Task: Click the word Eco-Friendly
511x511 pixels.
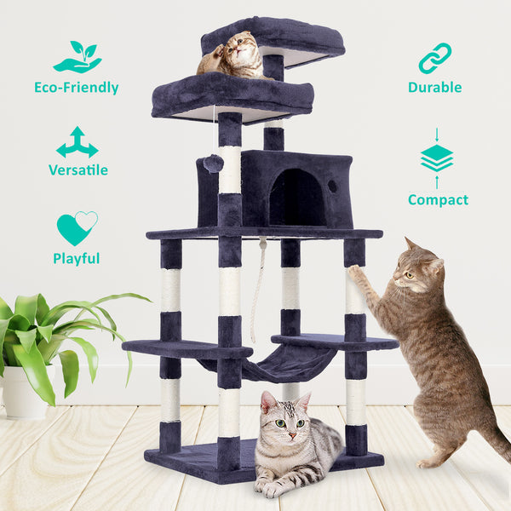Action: pos(77,87)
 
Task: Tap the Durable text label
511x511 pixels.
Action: pos(434,87)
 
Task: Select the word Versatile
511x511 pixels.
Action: pos(78,169)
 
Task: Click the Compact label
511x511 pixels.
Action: pos(438,200)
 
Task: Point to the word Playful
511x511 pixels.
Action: pos(77,258)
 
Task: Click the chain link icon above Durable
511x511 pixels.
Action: pos(434,58)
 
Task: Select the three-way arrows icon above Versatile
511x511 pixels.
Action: pos(78,142)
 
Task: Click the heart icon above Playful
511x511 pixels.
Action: pos(77,228)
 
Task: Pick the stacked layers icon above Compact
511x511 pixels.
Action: pos(437,158)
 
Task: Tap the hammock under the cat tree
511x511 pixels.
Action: pos(273,365)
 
